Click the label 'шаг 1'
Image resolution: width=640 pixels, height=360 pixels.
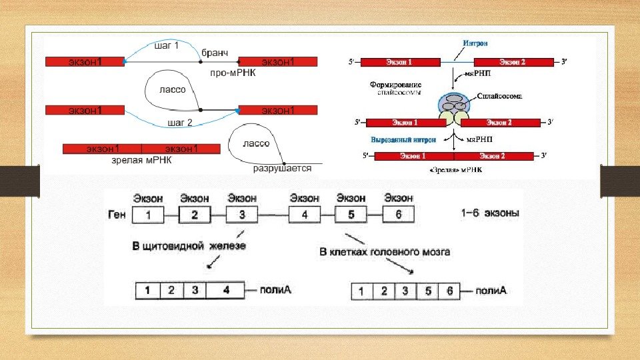(167, 45)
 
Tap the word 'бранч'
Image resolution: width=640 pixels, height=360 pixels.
(215, 51)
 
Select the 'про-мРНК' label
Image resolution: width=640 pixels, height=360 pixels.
(233, 73)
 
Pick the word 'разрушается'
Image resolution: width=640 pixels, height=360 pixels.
(282, 169)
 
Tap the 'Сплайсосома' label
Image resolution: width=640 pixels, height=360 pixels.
(499, 96)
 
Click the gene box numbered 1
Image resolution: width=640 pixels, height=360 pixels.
(148, 215)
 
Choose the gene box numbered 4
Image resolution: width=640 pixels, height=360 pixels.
(304, 215)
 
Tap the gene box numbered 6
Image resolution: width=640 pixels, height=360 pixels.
(399, 215)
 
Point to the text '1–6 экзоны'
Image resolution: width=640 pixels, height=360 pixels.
(490, 214)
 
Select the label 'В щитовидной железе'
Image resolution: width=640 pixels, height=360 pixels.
(189, 247)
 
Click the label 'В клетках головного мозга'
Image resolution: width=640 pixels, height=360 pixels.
(385, 252)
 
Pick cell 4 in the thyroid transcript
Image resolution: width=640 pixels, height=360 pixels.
(225, 291)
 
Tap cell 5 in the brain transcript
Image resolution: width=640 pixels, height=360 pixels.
(426, 291)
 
